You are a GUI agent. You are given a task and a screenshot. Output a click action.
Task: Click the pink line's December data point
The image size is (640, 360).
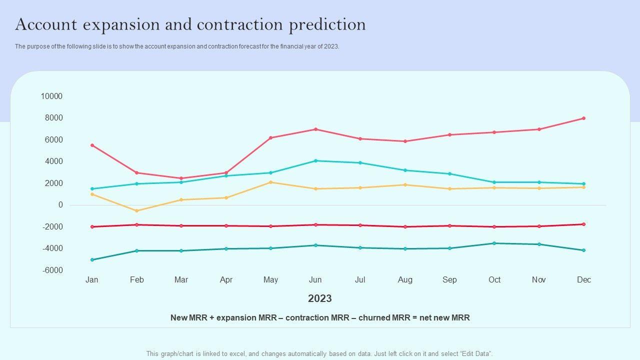[x=583, y=118]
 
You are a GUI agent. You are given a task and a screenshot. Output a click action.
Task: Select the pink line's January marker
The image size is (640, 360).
[x=92, y=145]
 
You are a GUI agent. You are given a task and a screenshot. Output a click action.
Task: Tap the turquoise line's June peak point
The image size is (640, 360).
[x=315, y=161]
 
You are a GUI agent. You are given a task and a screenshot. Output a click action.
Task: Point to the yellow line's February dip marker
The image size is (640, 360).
[x=136, y=211]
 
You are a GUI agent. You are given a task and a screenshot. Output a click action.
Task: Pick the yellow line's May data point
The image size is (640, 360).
[x=270, y=182]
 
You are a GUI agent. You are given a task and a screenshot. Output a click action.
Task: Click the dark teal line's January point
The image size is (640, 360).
[x=92, y=260]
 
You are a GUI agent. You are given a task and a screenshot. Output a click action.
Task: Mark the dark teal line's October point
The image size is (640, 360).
[x=494, y=243]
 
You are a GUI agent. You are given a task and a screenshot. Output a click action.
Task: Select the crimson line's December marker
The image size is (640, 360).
[x=583, y=224]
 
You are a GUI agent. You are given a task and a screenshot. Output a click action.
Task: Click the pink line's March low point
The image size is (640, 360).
[x=181, y=178]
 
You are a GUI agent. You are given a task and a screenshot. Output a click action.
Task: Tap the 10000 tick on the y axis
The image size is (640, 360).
[x=51, y=96]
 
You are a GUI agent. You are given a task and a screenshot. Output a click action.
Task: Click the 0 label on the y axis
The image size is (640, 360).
[x=60, y=205]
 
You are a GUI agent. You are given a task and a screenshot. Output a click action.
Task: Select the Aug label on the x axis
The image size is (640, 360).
[x=405, y=280]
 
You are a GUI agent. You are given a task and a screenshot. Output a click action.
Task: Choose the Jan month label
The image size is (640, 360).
[x=92, y=280]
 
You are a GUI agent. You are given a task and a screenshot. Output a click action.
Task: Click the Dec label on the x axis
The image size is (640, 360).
[x=583, y=280]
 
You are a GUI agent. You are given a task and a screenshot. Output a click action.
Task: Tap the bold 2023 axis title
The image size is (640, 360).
[x=320, y=298]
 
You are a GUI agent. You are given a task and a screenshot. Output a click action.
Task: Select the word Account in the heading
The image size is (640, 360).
[x=45, y=24]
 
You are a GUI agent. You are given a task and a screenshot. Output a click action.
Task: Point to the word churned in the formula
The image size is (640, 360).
[x=374, y=317]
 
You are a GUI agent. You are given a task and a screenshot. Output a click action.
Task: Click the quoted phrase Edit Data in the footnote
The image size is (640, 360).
[x=475, y=353]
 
